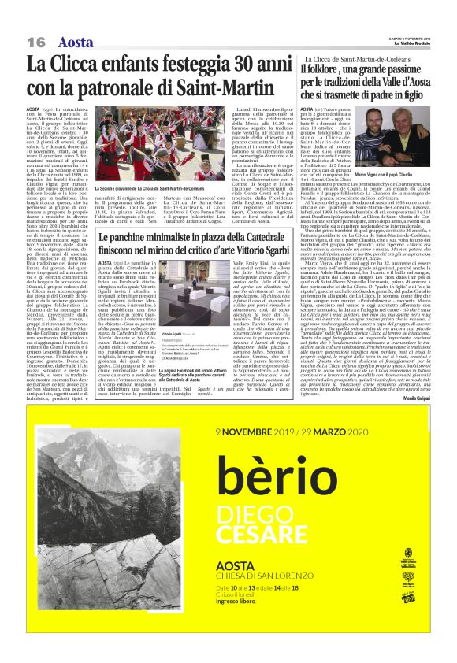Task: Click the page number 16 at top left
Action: point(36,42)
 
